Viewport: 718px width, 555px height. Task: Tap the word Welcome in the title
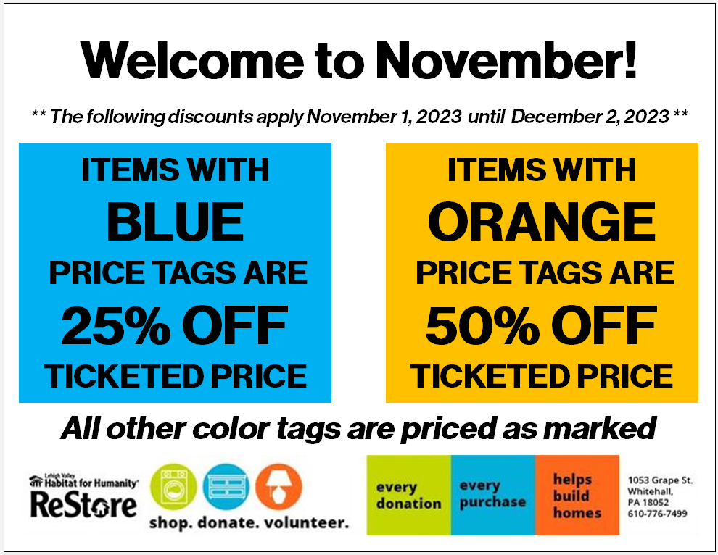coord(192,61)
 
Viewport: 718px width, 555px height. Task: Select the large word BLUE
coord(176,222)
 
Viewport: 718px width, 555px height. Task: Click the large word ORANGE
coord(542,222)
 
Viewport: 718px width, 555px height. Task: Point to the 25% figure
coord(116,325)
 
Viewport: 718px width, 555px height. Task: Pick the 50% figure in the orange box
coord(482,325)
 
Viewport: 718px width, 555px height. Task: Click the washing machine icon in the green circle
coord(173,487)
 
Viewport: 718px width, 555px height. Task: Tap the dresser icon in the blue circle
coord(226,487)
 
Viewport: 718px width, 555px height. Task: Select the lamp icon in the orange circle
coord(279,487)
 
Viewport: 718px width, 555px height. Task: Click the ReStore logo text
coord(84,505)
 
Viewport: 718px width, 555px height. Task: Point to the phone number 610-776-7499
coord(658,514)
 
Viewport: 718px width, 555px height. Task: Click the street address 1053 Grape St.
coord(660,480)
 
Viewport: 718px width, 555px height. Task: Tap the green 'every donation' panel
coord(409,495)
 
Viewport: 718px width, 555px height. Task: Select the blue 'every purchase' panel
coord(493,495)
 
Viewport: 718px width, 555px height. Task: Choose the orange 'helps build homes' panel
coord(577,495)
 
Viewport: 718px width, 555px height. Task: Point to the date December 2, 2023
coord(590,117)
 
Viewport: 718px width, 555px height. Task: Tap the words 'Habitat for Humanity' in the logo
coord(91,483)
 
